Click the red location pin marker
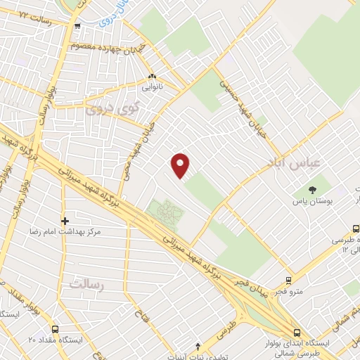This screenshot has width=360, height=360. pyautogui.click(x=181, y=165)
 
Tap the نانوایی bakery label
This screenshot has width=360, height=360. pyautogui.click(x=152, y=87)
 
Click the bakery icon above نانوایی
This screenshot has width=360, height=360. pyautogui.click(x=152, y=76)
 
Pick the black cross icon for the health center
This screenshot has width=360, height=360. pyautogui.click(x=65, y=220)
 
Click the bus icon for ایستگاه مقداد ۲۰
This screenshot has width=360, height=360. pyautogui.click(x=56, y=328)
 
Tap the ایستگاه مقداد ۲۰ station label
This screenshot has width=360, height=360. pyautogui.click(x=56, y=340)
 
